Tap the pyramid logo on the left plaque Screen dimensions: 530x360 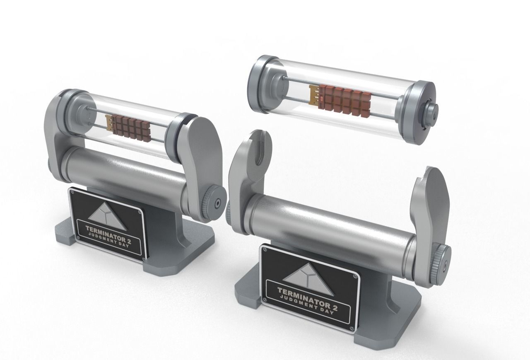(x=107, y=216)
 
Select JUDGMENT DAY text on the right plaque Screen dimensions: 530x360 (x=307, y=304)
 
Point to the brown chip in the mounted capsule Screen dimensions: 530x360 (x=131, y=128)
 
